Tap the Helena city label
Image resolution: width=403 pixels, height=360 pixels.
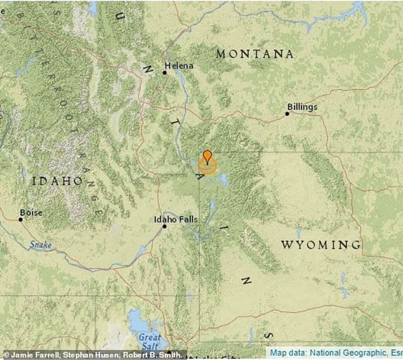tap(179, 65)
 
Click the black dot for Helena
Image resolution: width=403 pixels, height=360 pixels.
tap(164, 73)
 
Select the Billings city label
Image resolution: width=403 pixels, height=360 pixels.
tap(302, 107)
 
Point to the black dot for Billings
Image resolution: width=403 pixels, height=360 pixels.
tap(287, 114)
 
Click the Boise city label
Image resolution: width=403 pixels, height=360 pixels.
tap(31, 213)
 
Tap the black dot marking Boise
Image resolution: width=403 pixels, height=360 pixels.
tap(21, 219)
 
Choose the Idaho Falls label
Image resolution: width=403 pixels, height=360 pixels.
tap(176, 220)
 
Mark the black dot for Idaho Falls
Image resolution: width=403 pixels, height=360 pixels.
tap(164, 226)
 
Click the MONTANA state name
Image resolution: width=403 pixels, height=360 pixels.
tap(255, 54)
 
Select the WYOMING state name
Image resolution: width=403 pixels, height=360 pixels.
tap(321, 245)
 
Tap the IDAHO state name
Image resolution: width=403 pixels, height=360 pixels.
tap(58, 181)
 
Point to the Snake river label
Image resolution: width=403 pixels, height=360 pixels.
tap(40, 245)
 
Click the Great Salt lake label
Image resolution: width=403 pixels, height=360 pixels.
tap(150, 341)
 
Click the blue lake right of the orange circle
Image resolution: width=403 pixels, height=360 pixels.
tap(223, 179)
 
